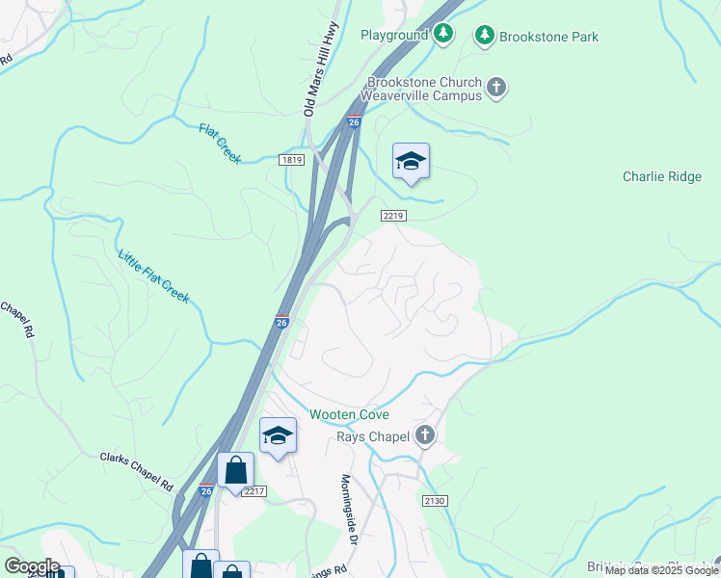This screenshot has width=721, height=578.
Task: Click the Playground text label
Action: (393, 36)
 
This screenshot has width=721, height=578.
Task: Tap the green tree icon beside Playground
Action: (443, 35)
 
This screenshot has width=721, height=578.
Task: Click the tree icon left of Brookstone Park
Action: (485, 37)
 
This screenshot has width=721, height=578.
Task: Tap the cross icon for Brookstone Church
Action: (496, 89)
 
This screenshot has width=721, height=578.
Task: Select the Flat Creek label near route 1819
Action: (220, 143)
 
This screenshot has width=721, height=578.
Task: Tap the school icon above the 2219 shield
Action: (411, 162)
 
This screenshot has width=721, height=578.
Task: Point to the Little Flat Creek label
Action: (153, 276)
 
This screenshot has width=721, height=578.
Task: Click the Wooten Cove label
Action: (349, 414)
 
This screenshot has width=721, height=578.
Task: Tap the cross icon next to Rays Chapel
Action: (426, 436)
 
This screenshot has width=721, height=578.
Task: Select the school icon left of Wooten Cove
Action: (278, 435)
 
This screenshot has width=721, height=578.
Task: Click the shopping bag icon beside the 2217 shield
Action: (235, 471)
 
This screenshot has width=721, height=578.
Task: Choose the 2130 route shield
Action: (435, 500)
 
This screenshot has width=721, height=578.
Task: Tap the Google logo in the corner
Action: (31, 566)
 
